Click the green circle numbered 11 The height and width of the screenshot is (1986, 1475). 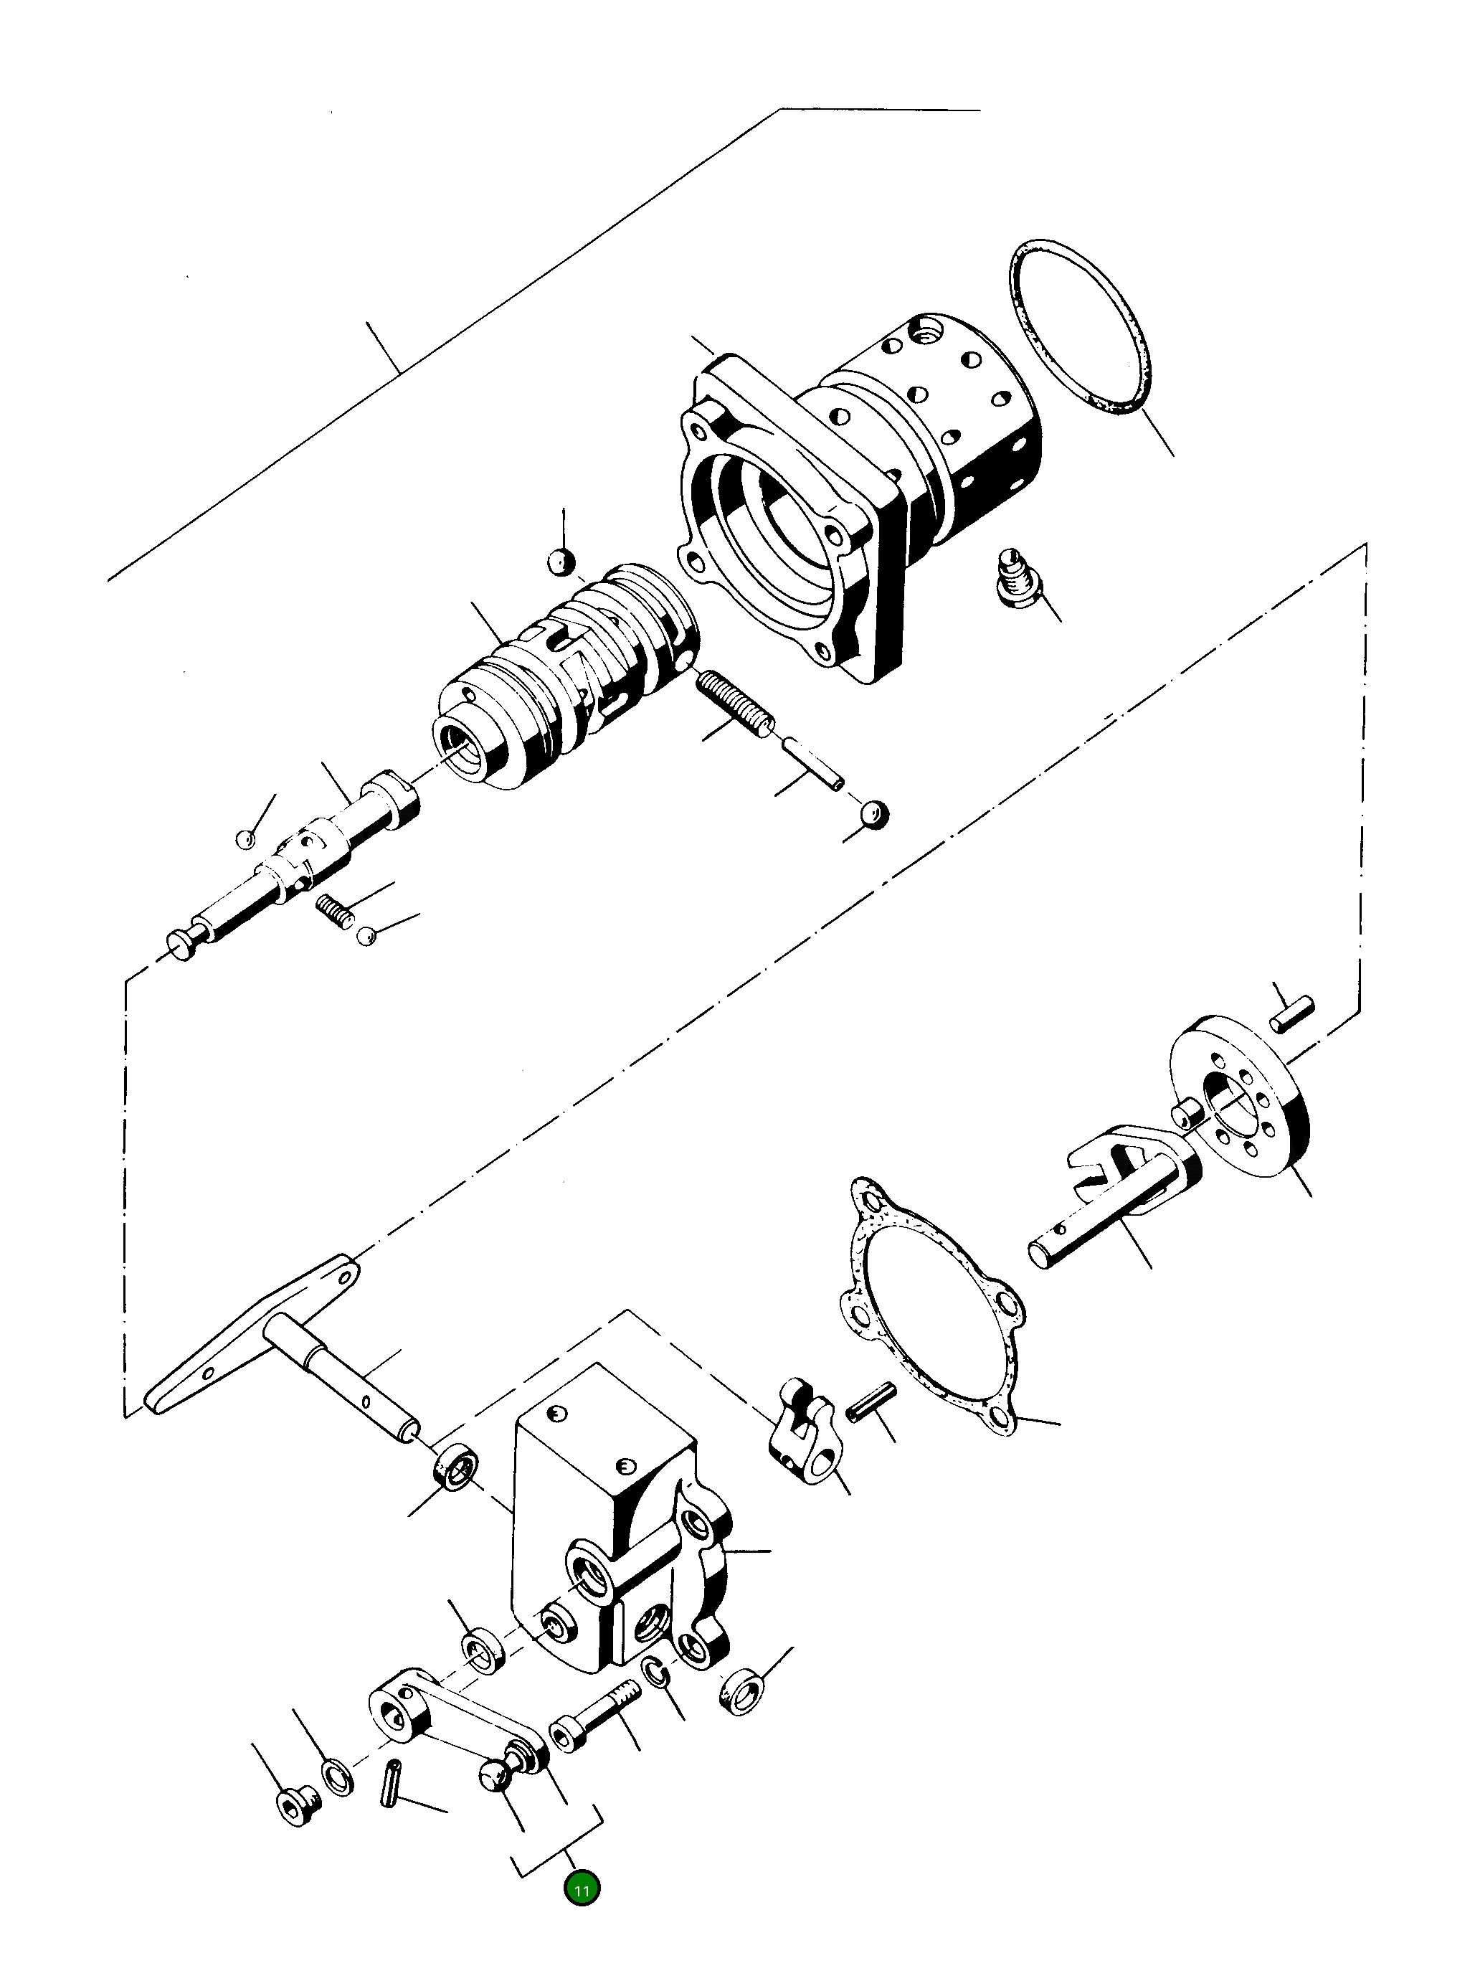tap(582, 1890)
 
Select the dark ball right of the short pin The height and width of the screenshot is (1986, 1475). tap(873, 813)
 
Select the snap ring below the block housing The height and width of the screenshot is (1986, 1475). tap(656, 1672)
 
